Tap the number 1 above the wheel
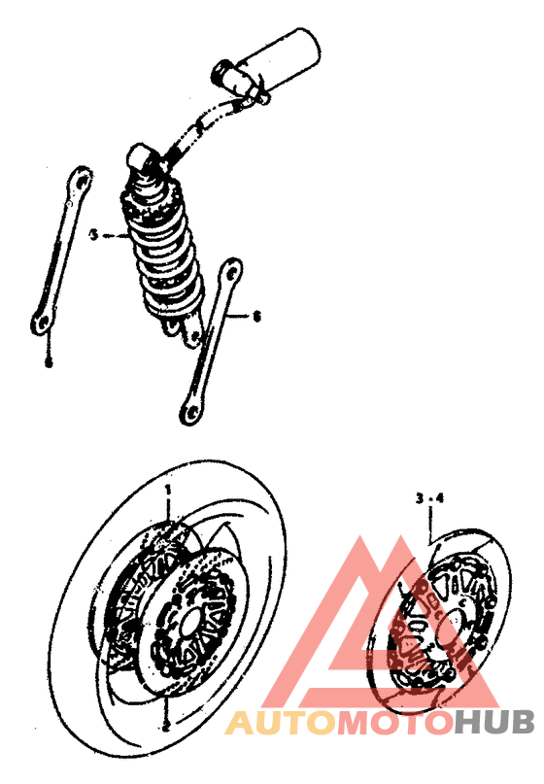point(167,485)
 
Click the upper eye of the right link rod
point(231,271)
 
